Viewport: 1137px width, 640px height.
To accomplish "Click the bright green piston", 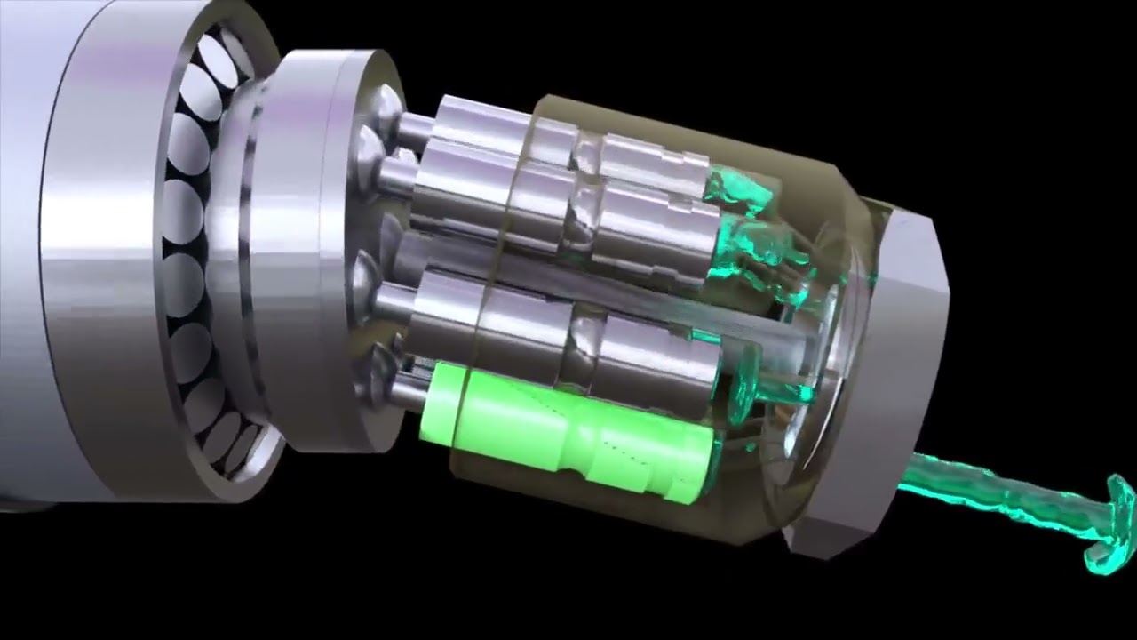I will pyautogui.click(x=568, y=431).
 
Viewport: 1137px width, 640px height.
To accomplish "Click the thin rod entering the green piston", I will pyautogui.click(x=410, y=391).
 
